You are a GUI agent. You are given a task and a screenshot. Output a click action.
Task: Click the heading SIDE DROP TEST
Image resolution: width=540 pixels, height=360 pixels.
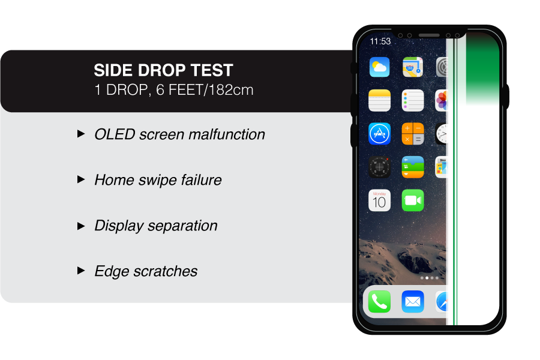tap(163, 70)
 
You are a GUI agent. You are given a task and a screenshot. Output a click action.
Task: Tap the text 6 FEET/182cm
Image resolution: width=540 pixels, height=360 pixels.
tap(205, 90)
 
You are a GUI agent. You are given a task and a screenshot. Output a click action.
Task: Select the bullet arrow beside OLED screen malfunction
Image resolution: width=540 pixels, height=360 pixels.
tap(81, 134)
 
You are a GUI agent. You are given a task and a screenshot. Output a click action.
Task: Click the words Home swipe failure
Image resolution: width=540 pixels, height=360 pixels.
tap(158, 180)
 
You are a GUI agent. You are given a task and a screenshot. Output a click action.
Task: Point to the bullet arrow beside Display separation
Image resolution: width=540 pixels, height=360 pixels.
tap(81, 226)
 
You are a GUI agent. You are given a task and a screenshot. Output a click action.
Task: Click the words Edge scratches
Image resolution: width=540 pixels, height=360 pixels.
tap(146, 271)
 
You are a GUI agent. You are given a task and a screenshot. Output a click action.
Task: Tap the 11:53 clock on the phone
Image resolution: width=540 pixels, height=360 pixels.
tap(380, 41)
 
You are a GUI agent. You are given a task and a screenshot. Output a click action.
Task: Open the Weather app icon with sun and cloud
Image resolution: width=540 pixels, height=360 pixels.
tap(380, 67)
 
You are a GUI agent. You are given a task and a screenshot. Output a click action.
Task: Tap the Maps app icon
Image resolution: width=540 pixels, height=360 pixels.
tap(413, 67)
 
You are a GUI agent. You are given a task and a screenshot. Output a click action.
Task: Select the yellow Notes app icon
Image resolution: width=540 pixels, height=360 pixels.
tap(380, 100)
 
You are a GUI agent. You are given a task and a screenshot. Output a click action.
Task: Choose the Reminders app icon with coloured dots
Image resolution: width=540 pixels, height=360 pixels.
tap(413, 100)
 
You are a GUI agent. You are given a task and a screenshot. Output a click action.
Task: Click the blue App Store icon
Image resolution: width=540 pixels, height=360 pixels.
tap(380, 134)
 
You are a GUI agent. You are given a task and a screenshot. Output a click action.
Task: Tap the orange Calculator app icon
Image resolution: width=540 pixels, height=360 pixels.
tap(413, 134)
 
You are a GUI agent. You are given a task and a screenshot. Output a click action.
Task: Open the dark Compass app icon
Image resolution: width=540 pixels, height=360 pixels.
tap(380, 167)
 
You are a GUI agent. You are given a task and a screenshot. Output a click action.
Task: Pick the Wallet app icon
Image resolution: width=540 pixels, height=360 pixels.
tap(413, 167)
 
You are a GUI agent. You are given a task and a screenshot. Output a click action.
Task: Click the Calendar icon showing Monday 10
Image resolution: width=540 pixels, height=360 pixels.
tap(380, 200)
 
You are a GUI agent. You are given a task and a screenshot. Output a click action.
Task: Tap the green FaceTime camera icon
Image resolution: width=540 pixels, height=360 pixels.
tap(413, 200)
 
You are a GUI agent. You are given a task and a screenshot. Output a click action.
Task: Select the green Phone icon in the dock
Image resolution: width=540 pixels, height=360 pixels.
tap(380, 302)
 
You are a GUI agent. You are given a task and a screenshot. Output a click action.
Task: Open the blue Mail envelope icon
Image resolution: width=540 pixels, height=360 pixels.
tap(413, 302)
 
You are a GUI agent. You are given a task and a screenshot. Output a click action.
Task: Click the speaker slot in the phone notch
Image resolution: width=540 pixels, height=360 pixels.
tap(429, 35)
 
